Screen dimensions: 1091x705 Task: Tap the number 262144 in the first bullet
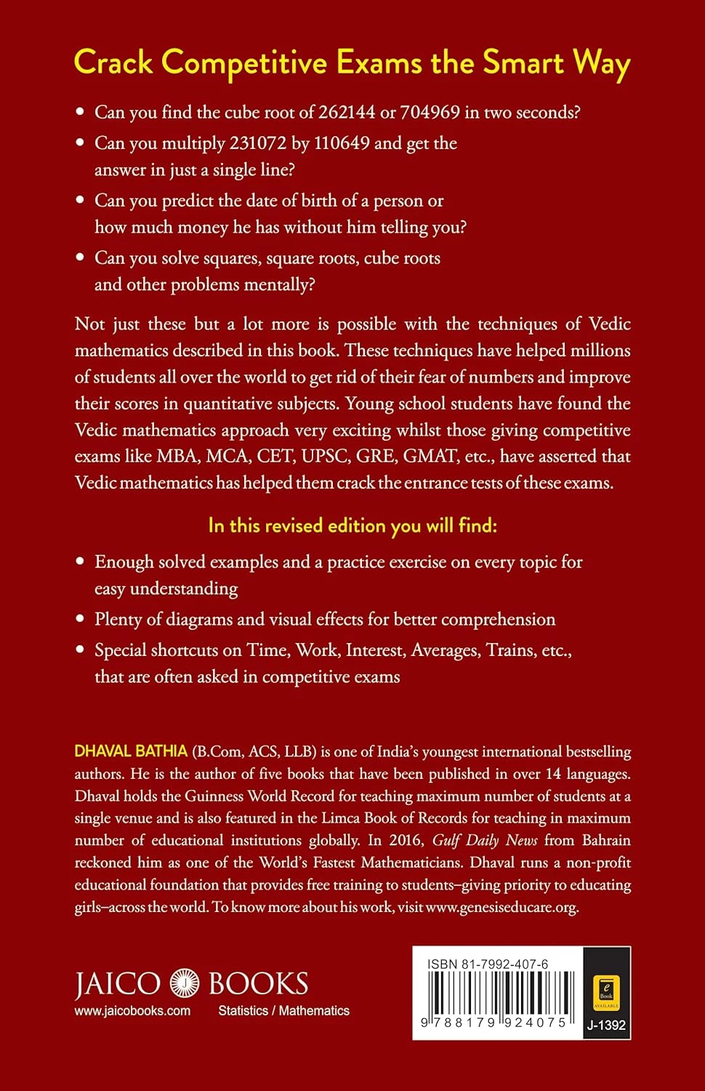click(x=347, y=112)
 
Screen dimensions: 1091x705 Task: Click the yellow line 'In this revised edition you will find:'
click(x=352, y=525)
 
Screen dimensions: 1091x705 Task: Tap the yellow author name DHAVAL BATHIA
click(x=131, y=751)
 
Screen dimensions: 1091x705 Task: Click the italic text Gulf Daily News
click(x=485, y=840)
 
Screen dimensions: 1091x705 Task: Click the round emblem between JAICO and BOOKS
click(x=185, y=984)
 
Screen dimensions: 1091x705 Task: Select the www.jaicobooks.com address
click(x=132, y=1011)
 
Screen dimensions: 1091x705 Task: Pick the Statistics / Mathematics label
click(x=283, y=1011)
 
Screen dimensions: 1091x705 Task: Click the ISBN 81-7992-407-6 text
click(x=488, y=964)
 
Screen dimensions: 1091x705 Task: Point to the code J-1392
click(x=606, y=1026)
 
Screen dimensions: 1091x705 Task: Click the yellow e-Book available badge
click(x=606, y=990)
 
